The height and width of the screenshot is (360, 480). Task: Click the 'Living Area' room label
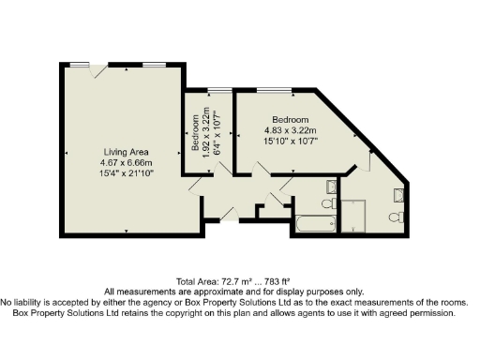pos(122,151)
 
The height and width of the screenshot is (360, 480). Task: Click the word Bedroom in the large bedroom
pos(291,120)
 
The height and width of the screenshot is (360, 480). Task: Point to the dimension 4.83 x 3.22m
pos(291,130)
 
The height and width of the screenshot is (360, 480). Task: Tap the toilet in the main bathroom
pos(328,202)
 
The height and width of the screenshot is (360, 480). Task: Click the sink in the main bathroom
pos(330,185)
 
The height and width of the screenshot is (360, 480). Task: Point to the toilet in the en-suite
pos(397,217)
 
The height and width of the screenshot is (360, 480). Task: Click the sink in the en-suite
pos(397,195)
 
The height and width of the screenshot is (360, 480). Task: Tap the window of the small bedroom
pos(220,89)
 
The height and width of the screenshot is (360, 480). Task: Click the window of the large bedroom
pos(274,89)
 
